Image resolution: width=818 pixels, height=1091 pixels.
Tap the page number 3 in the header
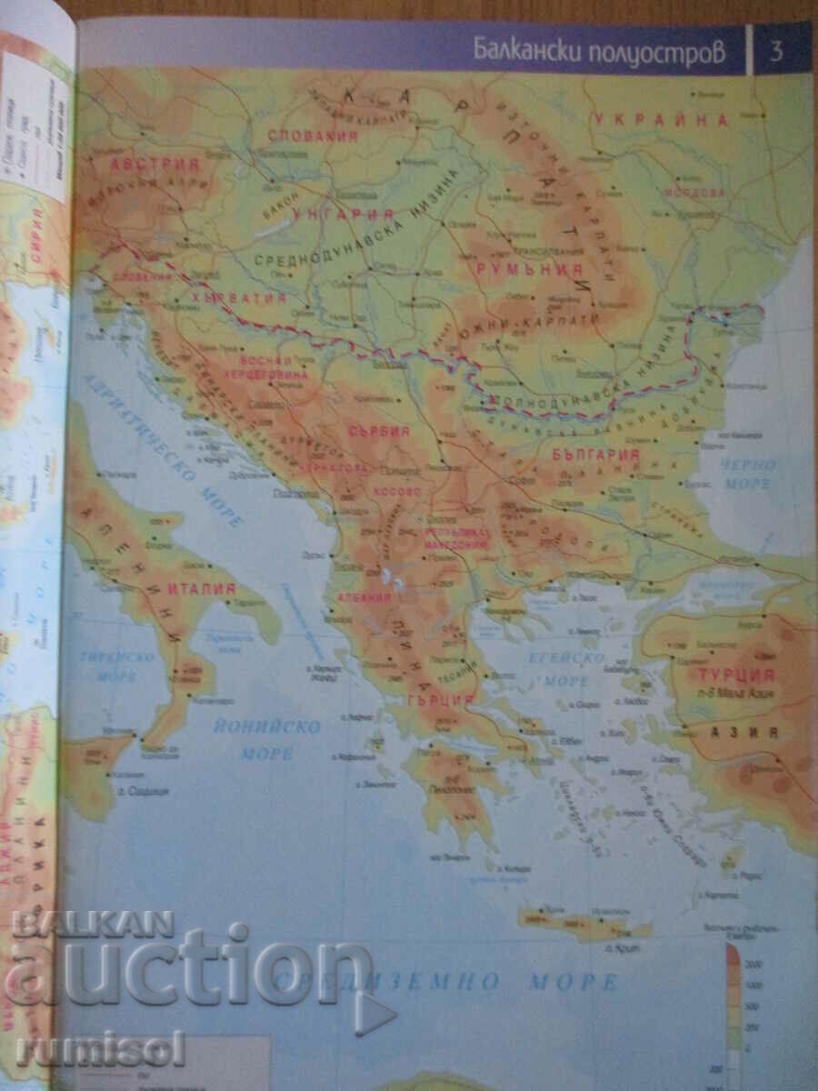776,50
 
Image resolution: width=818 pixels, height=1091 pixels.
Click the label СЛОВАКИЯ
312,135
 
